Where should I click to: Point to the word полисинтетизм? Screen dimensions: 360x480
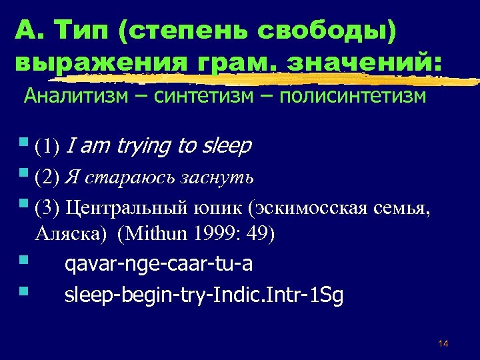tap(354, 97)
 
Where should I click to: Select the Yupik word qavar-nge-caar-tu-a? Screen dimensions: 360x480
tap(159, 265)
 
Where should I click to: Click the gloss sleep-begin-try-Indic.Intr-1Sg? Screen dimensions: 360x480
tap(204, 295)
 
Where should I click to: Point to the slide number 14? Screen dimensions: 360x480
tap(443, 343)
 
